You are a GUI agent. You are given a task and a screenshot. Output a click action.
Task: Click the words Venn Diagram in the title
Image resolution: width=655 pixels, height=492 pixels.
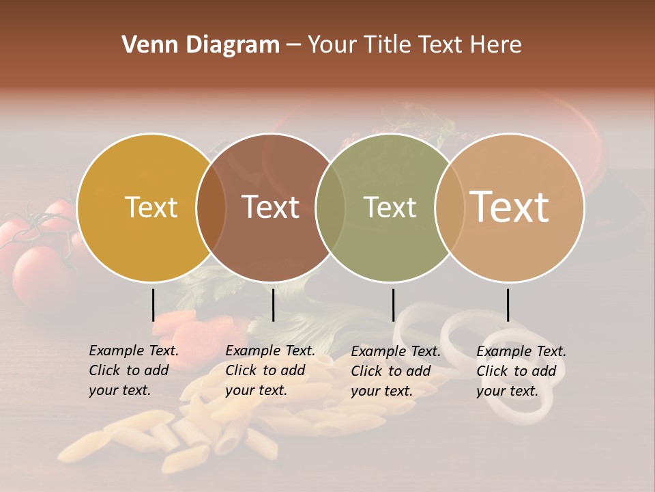[x=201, y=45]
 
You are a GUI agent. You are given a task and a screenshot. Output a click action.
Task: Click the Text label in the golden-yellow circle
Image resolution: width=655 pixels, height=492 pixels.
[x=151, y=207]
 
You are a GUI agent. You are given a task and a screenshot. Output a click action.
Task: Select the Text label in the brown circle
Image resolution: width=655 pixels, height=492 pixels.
[x=270, y=207]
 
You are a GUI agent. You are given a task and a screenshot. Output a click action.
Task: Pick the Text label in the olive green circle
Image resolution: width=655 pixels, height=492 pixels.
[x=390, y=207]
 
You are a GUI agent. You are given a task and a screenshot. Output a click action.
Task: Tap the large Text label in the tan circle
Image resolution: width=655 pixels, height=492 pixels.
[x=510, y=207]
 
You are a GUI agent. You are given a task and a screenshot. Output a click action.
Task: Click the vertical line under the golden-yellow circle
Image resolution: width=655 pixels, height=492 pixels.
[x=153, y=305]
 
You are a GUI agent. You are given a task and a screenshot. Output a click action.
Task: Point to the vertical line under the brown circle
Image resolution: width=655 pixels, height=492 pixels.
[x=273, y=305]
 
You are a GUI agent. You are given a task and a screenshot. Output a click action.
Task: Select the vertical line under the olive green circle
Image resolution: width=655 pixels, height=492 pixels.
[x=393, y=305]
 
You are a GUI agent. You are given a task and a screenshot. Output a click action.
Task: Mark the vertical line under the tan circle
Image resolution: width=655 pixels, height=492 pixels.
[x=508, y=305]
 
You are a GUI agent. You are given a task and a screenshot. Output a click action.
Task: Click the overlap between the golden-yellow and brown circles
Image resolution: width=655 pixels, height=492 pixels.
[x=211, y=208]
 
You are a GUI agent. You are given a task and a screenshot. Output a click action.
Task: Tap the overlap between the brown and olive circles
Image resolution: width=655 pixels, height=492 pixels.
[x=330, y=208]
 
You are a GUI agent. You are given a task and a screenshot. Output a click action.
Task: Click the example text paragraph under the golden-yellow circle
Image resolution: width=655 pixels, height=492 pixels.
[x=134, y=370]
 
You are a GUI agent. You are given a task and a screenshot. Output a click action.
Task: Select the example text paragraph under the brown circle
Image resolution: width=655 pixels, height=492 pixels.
[x=270, y=370]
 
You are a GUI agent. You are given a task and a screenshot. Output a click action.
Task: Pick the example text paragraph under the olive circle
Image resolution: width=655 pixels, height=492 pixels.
[x=396, y=370]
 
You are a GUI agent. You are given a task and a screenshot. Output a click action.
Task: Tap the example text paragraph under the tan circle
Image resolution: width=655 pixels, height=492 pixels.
[x=521, y=370]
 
